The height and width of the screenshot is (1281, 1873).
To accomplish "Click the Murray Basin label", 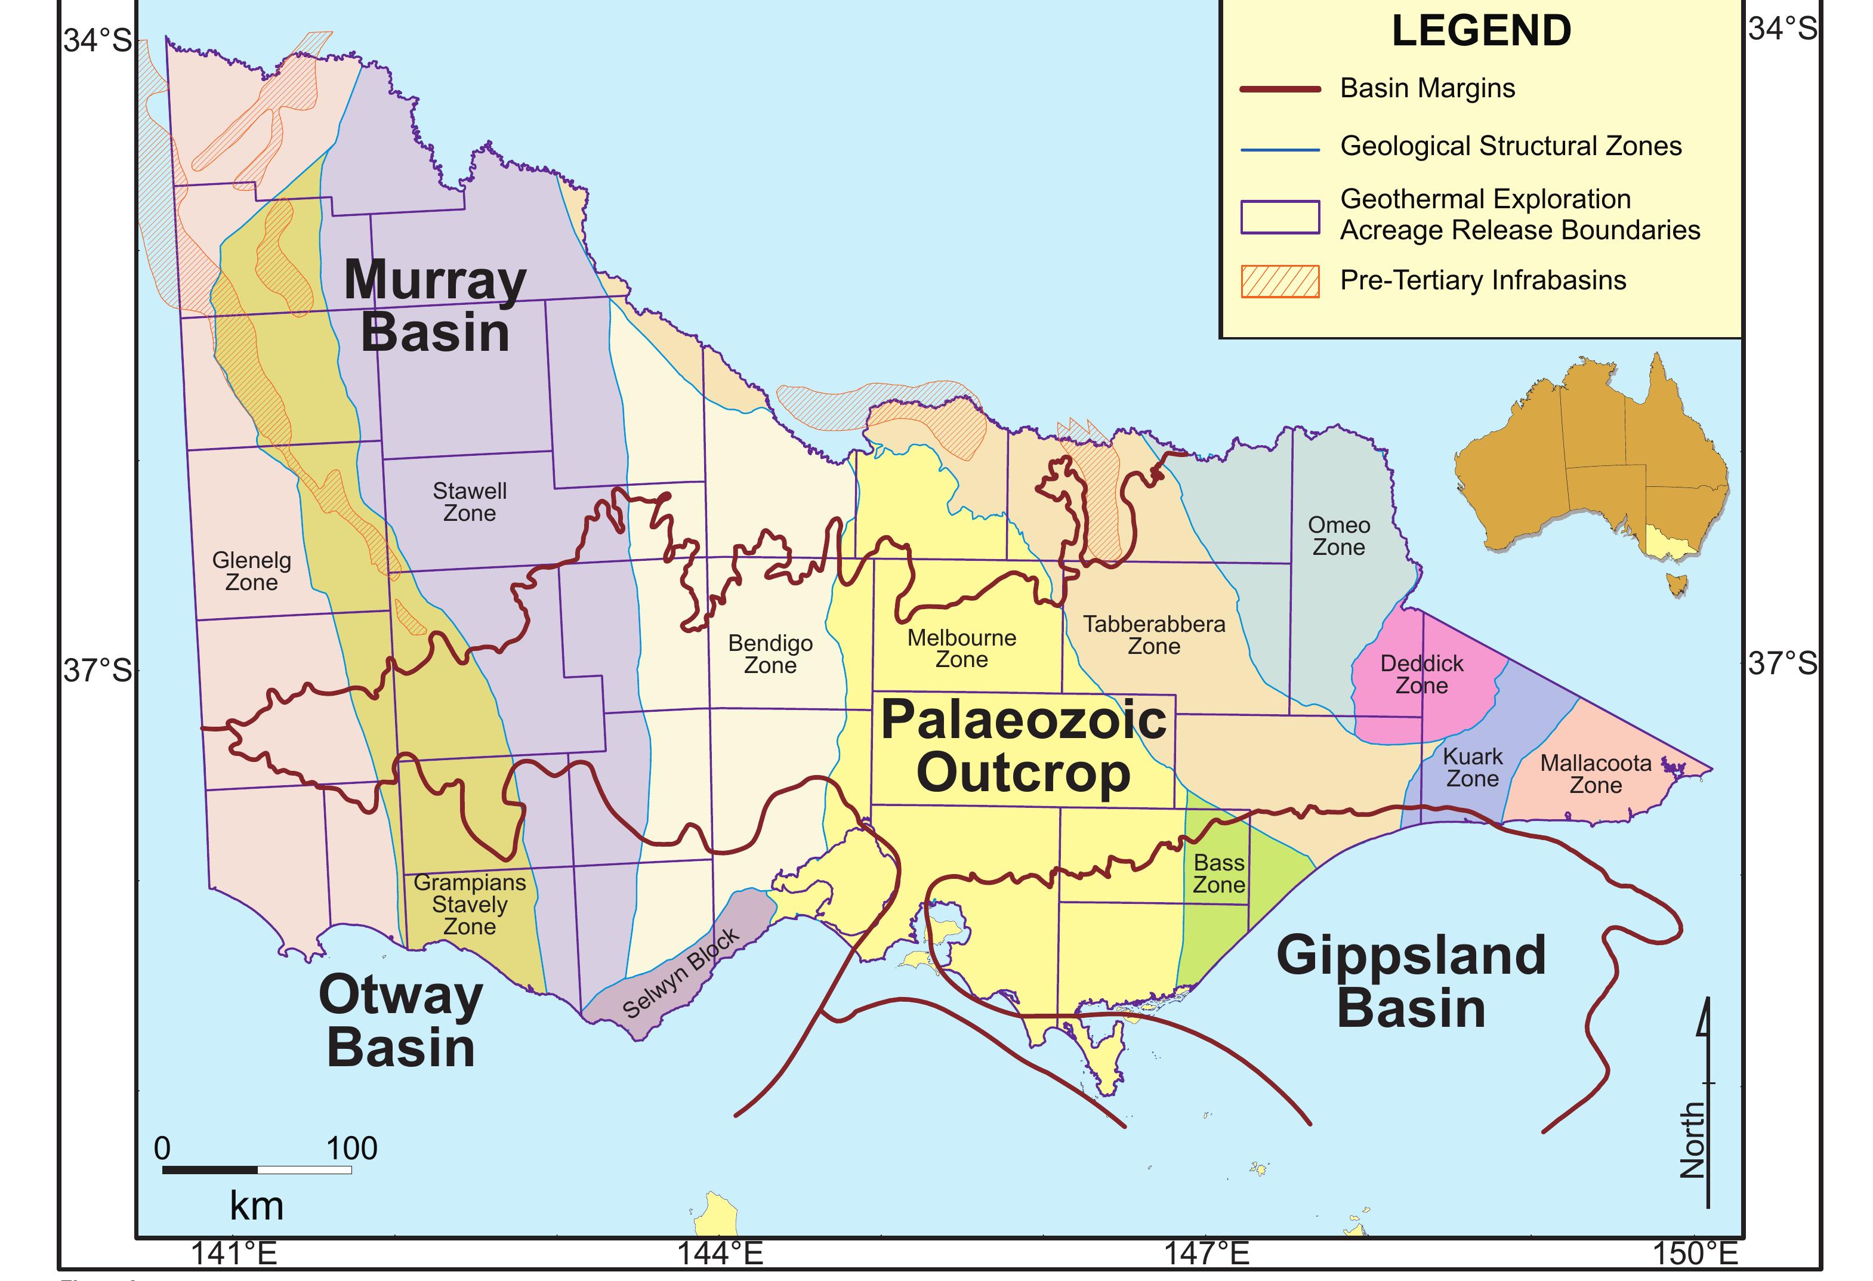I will [435, 306].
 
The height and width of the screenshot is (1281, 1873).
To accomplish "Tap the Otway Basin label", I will [400, 1021].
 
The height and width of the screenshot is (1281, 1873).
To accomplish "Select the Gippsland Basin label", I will [1411, 981].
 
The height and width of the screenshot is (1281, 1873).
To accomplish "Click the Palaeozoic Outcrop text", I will [1023, 745].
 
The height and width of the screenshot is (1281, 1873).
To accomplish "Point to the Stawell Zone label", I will [469, 502].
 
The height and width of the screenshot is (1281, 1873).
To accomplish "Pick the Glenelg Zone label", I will [251, 571].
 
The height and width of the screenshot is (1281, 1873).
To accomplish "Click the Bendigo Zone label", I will [770, 654].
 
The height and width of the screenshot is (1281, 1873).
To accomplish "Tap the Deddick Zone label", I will [1422, 674].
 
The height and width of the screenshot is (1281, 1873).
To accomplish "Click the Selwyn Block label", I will [681, 973].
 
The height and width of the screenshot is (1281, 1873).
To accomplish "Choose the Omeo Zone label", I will [1338, 536].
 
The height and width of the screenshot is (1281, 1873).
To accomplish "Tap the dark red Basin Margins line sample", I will [1280, 89].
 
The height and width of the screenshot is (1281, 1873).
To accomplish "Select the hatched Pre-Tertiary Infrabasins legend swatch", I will [1280, 281].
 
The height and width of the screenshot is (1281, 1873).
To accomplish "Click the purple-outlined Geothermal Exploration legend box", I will [1280, 217].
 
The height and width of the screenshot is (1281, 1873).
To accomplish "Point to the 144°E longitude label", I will [719, 1254].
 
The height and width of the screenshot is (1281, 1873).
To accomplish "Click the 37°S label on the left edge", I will [97, 670].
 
